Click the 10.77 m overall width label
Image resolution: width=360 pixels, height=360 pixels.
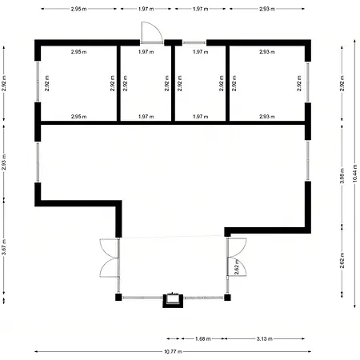(x=173, y=351)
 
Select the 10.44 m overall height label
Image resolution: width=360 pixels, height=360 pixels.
(x=354, y=174)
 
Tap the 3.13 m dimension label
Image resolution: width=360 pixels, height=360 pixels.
(x=265, y=338)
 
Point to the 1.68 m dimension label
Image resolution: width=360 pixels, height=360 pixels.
(x=203, y=338)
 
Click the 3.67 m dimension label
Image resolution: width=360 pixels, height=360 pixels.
(x=4, y=247)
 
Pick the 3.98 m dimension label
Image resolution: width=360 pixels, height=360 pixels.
(x=342, y=175)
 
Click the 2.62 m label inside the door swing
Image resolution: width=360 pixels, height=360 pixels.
(x=237, y=267)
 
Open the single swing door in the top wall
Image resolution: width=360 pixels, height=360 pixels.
(x=152, y=33)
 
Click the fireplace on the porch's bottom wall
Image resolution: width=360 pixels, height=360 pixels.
(x=173, y=300)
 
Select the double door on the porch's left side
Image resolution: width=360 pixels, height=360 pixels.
(x=110, y=258)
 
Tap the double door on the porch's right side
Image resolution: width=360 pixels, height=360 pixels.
(x=236, y=257)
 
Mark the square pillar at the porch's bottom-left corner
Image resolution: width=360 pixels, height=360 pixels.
(x=118, y=297)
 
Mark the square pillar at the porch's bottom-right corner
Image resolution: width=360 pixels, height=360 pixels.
(x=227, y=297)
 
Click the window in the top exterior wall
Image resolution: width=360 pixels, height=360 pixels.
(x=194, y=42)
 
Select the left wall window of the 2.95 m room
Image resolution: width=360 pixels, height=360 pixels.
(x=38, y=82)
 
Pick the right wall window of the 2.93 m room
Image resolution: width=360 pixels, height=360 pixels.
(x=308, y=82)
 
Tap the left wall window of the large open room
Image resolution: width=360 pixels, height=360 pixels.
(x=38, y=162)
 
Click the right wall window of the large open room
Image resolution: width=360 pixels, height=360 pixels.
(x=308, y=161)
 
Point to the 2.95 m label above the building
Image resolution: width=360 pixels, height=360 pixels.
(x=78, y=9)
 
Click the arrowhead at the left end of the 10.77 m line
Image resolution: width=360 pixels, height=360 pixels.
(x=36, y=351)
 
